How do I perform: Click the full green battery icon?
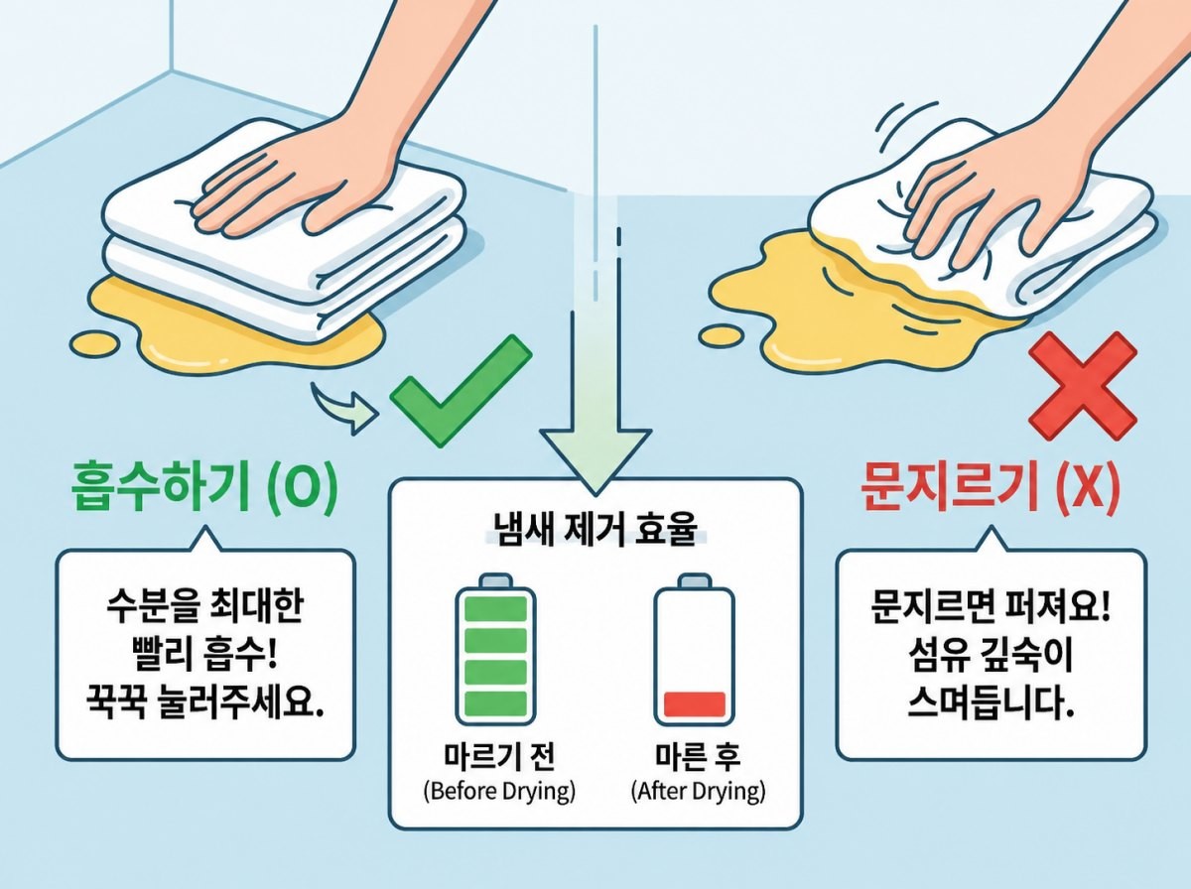(495, 650)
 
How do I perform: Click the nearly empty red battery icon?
(694, 650)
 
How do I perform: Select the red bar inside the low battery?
(694, 704)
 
